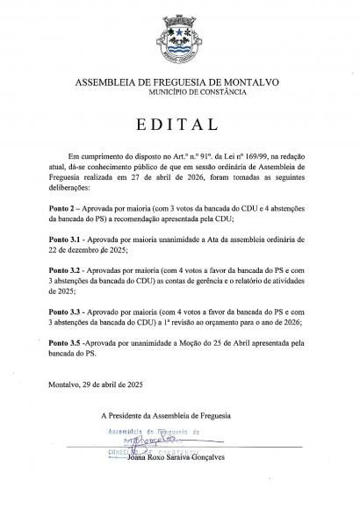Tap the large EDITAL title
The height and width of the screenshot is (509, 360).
coord(179,122)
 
